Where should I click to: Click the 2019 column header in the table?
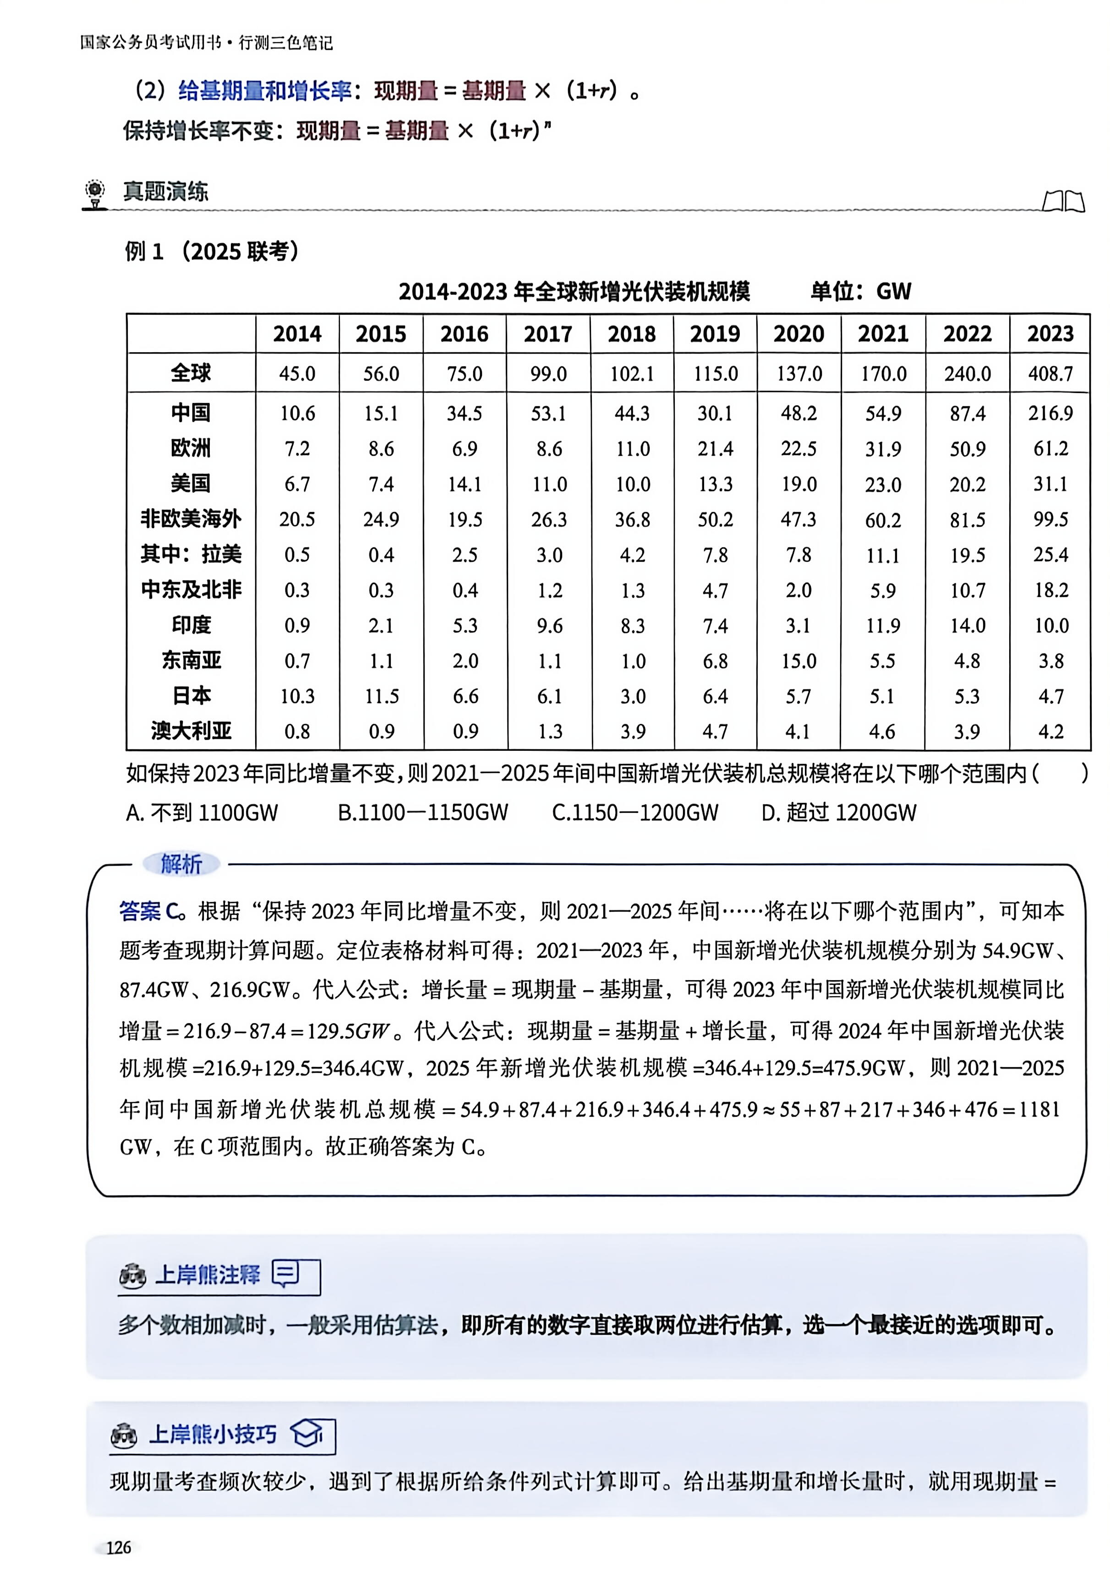[715, 334]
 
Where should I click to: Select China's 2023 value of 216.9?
[1050, 413]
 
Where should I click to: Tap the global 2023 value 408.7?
[1050, 374]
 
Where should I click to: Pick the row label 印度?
[191, 625]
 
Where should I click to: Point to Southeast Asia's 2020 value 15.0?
[799, 660]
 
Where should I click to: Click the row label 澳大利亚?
[191, 731]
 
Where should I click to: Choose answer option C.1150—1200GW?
[635, 813]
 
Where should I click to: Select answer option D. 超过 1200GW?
[839, 813]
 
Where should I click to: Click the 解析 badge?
[181, 864]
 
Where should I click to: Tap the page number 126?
[119, 1547]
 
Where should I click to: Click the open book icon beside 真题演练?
[1063, 201]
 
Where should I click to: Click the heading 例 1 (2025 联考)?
[212, 252]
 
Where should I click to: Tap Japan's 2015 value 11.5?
[382, 696]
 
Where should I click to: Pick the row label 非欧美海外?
[191, 519]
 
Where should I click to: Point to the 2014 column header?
[297, 334]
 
